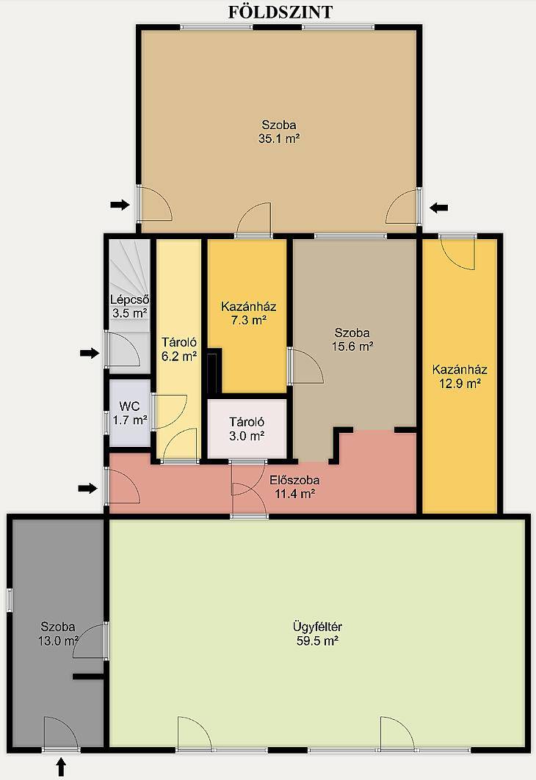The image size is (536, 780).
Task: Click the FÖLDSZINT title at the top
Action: coord(280,12)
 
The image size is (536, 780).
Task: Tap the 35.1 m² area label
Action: coord(279,139)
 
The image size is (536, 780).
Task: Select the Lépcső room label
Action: coord(129,300)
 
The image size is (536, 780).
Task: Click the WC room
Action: coord(129,413)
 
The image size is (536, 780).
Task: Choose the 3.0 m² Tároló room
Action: coord(247,429)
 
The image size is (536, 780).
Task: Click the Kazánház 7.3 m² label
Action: coord(248,313)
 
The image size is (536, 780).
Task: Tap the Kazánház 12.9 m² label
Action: coord(460,376)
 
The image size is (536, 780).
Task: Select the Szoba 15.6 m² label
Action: coord(352,339)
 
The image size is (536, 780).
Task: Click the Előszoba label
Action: coord(294,481)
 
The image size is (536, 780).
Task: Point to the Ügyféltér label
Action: coord(317,627)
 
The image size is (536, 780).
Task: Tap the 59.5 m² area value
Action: coord(317,641)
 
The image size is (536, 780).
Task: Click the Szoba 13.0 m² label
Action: coord(58,634)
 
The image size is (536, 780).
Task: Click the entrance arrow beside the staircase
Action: coord(90,353)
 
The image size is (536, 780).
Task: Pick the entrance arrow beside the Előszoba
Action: coord(87,489)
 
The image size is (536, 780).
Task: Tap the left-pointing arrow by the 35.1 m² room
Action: coord(438,208)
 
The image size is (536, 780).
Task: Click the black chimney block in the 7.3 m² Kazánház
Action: coord(214,371)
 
